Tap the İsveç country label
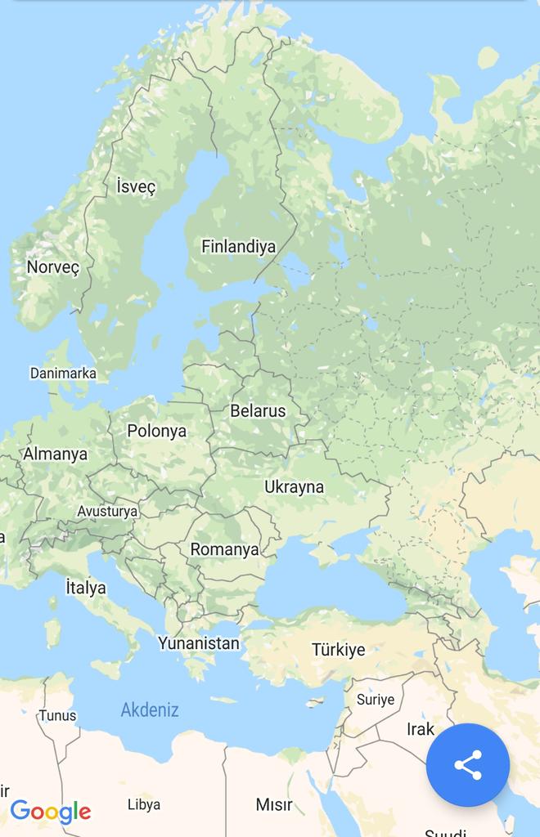[136, 186]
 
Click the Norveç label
[52, 267]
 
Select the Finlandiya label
[238, 246]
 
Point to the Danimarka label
[63, 374]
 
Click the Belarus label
[258, 410]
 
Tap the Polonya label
[156, 431]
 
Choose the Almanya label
[55, 454]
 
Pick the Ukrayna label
[294, 487]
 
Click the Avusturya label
[107, 511]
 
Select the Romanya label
[224, 549]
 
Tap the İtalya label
[86, 587]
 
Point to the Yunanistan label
[199, 643]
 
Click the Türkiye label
[338, 650]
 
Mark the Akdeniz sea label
[150, 709]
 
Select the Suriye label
[375, 700]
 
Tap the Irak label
[420, 728]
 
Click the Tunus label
[57, 716]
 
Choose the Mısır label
[273, 804]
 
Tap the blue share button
[468, 765]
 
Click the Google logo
[50, 811]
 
